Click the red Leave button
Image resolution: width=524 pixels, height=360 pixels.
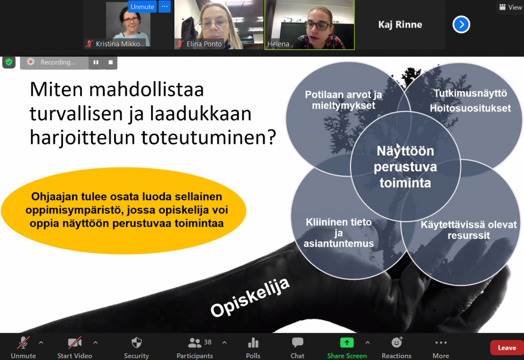(507, 348)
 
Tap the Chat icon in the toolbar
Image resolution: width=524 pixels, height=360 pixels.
(297, 343)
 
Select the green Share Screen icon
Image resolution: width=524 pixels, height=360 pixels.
(347, 343)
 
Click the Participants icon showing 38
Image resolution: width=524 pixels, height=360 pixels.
(194, 343)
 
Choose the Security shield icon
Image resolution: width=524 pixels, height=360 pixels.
(136, 343)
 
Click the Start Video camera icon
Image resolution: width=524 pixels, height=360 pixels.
(75, 343)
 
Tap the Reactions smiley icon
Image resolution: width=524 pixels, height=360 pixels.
(397, 342)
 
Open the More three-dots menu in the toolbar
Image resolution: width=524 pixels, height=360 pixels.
(441, 343)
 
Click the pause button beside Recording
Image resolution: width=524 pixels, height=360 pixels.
(96, 62)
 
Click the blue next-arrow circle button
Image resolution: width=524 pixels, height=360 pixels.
(461, 25)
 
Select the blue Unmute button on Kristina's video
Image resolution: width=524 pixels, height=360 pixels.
(142, 7)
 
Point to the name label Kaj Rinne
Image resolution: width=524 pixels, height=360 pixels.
(400, 25)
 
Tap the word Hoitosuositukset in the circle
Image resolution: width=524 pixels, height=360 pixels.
(470, 108)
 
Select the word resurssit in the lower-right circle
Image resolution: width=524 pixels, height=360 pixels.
(469, 236)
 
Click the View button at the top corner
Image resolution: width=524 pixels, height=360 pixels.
(511, 7)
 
